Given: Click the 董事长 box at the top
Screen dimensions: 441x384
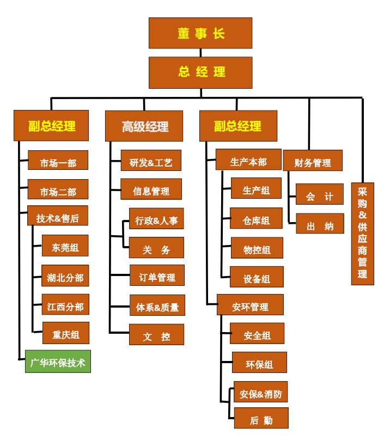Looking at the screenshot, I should point(200,33).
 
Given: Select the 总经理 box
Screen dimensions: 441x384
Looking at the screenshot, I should point(200,72).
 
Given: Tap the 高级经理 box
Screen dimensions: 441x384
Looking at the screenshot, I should point(144,126).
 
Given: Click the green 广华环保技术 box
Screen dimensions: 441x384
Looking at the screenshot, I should point(58,362).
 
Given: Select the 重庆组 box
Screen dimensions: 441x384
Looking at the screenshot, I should point(65,333).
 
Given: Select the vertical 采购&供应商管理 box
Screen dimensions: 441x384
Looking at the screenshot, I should point(362,234).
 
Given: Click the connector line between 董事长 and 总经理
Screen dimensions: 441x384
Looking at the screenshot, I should point(200,53).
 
